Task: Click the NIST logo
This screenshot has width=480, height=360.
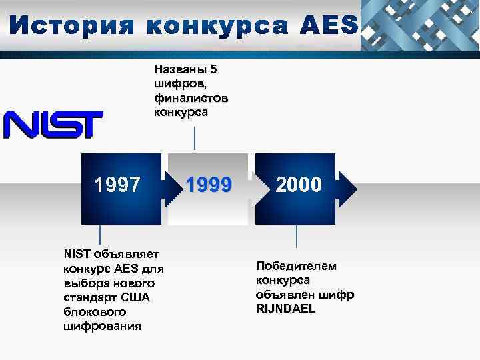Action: click(x=53, y=124)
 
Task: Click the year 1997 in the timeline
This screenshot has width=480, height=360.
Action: click(x=117, y=185)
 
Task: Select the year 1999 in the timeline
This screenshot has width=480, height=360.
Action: click(x=208, y=185)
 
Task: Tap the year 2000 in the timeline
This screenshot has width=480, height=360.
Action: click(x=298, y=185)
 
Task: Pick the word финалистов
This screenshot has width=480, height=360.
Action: click(x=190, y=98)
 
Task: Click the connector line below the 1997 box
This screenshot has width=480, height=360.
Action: click(x=100, y=235)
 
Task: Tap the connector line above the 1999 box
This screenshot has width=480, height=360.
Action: click(x=194, y=138)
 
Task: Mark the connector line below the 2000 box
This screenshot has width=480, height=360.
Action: click(x=297, y=236)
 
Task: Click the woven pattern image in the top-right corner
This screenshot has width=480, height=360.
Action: click(x=420, y=25)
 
